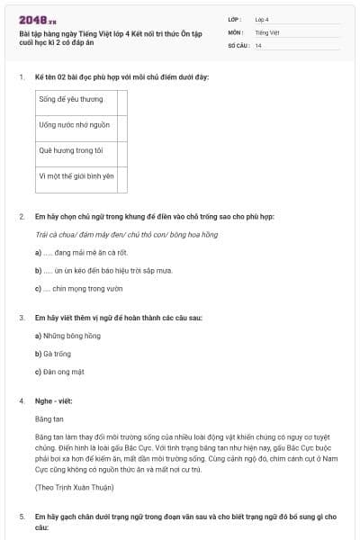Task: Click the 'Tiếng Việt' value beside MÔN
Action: point(265,31)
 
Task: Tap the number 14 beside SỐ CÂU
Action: point(258,45)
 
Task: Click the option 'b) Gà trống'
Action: point(55,353)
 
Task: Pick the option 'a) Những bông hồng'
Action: point(67,335)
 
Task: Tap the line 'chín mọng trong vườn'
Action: point(81,288)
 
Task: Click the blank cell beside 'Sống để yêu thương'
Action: point(123,99)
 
